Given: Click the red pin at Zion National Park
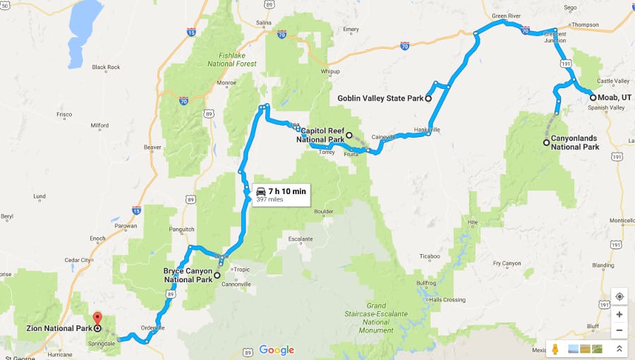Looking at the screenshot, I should pyautogui.click(x=97, y=319).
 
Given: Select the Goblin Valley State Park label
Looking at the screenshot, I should pyautogui.click(x=380, y=98).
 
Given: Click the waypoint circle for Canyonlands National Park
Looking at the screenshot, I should pyautogui.click(x=546, y=143).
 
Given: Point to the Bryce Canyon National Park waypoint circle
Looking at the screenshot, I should pyautogui.click(x=217, y=275).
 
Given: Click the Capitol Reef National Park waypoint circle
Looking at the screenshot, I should pyautogui.click(x=349, y=135).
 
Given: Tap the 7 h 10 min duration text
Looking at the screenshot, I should pyautogui.click(x=286, y=191).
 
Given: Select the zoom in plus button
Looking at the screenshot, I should pyautogui.click(x=619, y=315).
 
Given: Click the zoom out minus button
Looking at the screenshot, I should pyautogui.click(x=619, y=330).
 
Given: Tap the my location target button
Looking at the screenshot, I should pyautogui.click(x=619, y=296).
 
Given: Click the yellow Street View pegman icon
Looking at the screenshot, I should pyautogui.click(x=555, y=349).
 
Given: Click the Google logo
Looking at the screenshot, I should pyautogui.click(x=276, y=350).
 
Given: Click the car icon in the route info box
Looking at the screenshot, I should pyautogui.click(x=260, y=191).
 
